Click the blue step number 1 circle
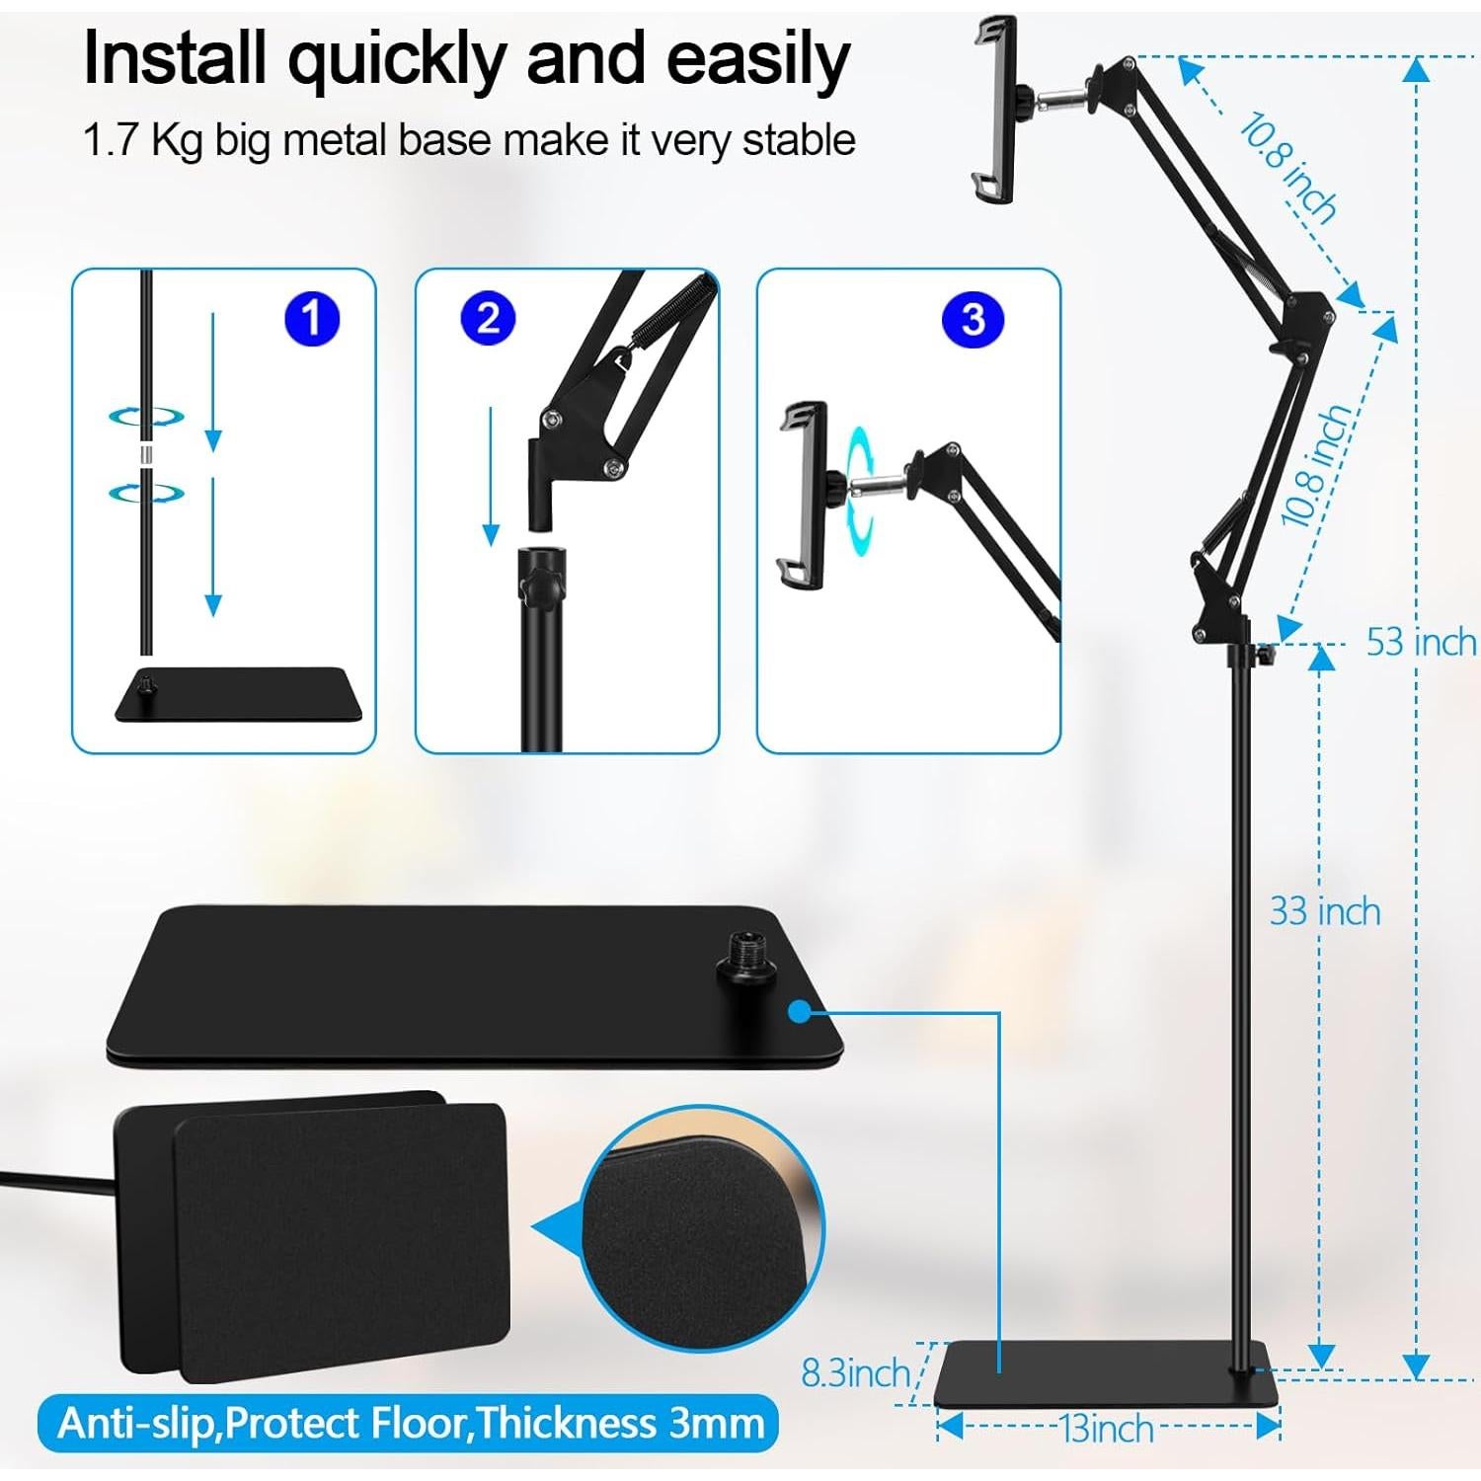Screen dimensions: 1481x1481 (311, 319)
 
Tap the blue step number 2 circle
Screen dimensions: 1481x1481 (488, 319)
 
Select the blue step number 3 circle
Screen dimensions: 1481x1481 (973, 319)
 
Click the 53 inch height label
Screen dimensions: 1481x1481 (1420, 643)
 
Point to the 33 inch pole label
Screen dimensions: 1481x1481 (1324, 911)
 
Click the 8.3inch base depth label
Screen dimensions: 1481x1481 (855, 1373)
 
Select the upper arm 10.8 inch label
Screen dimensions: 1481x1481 (1287, 168)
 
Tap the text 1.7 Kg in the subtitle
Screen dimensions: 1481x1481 (142, 140)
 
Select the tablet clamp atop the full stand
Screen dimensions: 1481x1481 (995, 109)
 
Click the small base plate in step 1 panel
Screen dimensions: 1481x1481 (237, 695)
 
